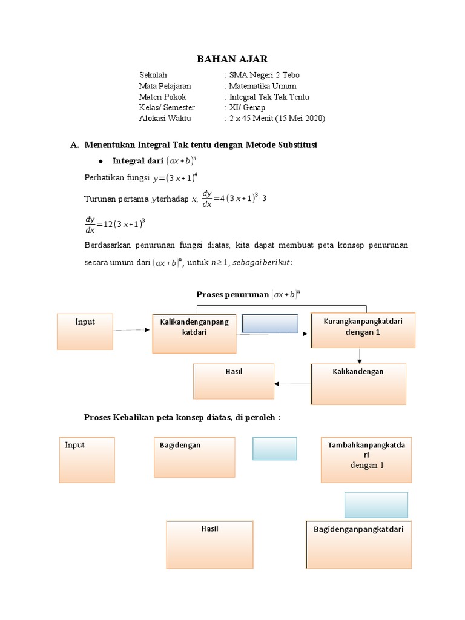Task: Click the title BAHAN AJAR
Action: pyautogui.click(x=232, y=59)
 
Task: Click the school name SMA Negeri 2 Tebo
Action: pyautogui.click(x=263, y=75)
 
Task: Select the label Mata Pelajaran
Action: pyautogui.click(x=165, y=86)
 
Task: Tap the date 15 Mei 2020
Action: pyautogui.click(x=300, y=119)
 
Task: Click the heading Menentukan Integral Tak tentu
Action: pyautogui.click(x=200, y=145)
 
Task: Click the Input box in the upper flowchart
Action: pyautogui.click(x=85, y=331)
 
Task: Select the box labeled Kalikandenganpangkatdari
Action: pyautogui.click(x=194, y=334)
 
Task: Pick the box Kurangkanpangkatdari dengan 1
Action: pyautogui.click(x=363, y=330)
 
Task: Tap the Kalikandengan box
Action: pyautogui.click(x=358, y=384)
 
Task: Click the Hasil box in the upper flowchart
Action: pyautogui.click(x=234, y=381)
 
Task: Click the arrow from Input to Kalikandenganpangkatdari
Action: pyautogui.click(x=132, y=330)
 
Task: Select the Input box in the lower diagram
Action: pyautogui.click(x=87, y=460)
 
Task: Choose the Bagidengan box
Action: pyautogui.click(x=194, y=457)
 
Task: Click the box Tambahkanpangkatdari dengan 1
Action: pyautogui.click(x=368, y=460)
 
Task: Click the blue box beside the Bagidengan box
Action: pyautogui.click(x=274, y=449)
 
